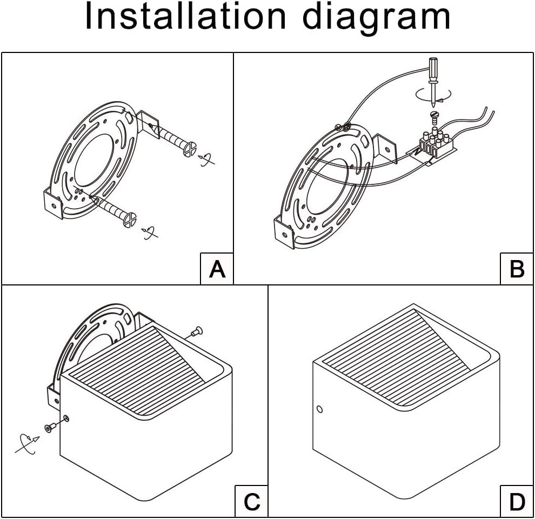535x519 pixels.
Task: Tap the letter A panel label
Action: (x=217, y=268)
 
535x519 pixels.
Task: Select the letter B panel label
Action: (x=517, y=268)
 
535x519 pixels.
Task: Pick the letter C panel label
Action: (x=252, y=502)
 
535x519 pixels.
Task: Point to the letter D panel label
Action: (x=517, y=502)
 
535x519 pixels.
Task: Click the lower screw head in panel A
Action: (x=130, y=219)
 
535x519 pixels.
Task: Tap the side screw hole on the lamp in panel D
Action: (x=319, y=409)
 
